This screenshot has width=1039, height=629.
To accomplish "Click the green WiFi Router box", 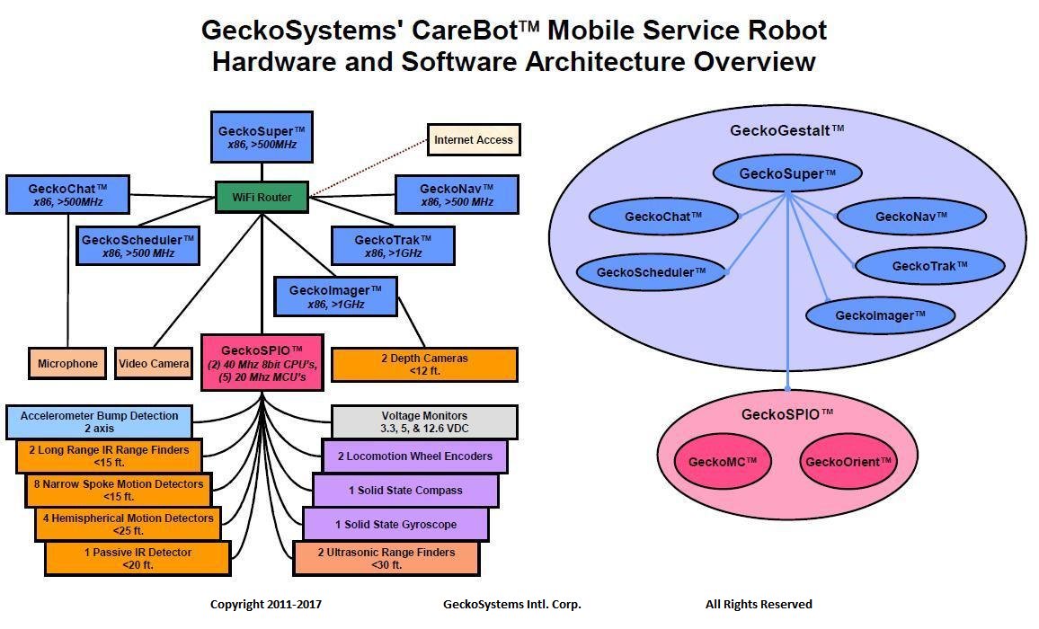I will (262, 197).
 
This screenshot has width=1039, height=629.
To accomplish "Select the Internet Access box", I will (473, 140).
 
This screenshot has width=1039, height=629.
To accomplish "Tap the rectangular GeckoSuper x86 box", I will (262, 137).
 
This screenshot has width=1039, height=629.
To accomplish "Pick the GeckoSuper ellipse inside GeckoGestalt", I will (786, 173).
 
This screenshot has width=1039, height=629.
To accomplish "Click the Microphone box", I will (67, 363).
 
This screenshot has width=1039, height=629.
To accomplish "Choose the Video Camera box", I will (154, 363).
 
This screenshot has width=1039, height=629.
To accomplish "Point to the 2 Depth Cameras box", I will (424, 365).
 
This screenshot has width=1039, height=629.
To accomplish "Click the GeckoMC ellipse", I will (722, 462).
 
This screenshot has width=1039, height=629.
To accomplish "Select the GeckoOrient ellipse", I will (848, 462).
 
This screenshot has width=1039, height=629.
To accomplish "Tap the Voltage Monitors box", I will (424, 421).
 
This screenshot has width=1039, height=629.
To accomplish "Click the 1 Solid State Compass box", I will (405, 491).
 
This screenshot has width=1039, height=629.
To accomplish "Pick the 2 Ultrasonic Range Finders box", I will (386, 558).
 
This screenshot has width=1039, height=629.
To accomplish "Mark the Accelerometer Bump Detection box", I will (99, 421).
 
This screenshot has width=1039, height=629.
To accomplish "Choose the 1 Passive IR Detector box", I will (137, 558).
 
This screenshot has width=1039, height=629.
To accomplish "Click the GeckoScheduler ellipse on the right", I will (651, 272).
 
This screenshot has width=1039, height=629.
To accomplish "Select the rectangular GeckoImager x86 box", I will (336, 297).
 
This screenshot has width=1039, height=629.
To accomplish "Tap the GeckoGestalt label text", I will (786, 130).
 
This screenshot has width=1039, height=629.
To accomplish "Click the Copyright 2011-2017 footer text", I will (265, 604).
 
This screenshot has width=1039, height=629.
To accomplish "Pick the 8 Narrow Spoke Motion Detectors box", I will (118, 490).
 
